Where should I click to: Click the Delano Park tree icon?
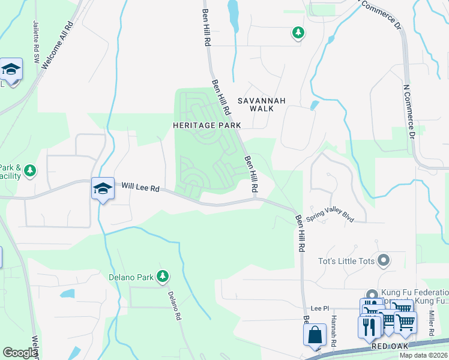pos(162,277)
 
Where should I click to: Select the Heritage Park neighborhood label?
pos(206,125)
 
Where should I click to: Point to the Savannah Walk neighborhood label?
pos(262,104)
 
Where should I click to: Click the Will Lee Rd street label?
pos(140,188)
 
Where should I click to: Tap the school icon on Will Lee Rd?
pos(103,188)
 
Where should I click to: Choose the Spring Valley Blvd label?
pos(330,214)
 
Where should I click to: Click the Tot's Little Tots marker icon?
pos(385,261)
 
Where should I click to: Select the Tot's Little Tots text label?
pos(346,261)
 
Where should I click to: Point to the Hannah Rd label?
pos(334,329)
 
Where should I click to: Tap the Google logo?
pos(20,353)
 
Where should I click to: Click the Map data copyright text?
pos(423,355)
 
